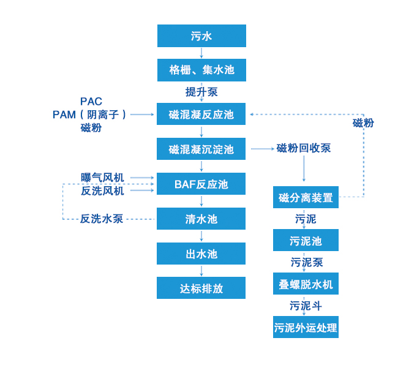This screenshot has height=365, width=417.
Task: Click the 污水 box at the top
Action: click(x=201, y=36)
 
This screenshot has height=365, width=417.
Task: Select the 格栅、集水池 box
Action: click(x=201, y=70)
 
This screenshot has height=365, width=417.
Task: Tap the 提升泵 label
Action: click(x=201, y=92)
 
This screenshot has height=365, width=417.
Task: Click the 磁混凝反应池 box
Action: click(x=201, y=115)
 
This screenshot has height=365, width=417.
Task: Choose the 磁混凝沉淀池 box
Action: click(x=201, y=149)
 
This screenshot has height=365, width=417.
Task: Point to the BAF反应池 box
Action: click(x=201, y=184)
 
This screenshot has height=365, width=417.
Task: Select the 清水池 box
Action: click(x=201, y=219)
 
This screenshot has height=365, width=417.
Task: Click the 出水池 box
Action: click(x=201, y=254)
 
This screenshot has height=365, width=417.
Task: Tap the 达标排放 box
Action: click(x=201, y=288)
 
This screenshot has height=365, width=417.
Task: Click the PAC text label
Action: click(x=91, y=101)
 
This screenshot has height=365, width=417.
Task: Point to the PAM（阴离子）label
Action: click(x=91, y=115)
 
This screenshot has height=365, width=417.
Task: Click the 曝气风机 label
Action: click(x=102, y=178)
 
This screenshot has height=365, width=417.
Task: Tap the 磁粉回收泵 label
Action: click(x=304, y=148)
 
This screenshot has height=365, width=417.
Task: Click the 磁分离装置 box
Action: click(x=306, y=197)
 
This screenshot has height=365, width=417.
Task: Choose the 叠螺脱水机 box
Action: click(x=306, y=284)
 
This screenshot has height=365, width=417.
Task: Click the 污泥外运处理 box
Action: click(x=306, y=327)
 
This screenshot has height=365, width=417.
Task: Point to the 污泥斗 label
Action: click(x=306, y=306)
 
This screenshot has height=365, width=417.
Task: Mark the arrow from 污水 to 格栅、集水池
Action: click(x=201, y=53)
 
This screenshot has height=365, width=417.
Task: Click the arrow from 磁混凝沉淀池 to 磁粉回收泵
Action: click(x=261, y=149)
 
